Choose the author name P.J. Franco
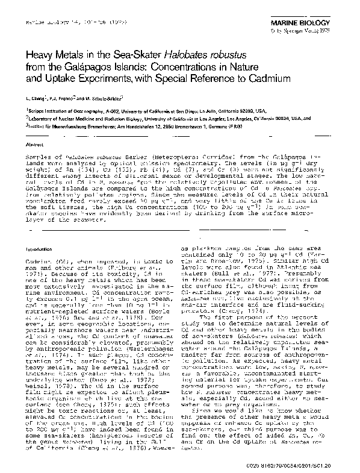point(64,98)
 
